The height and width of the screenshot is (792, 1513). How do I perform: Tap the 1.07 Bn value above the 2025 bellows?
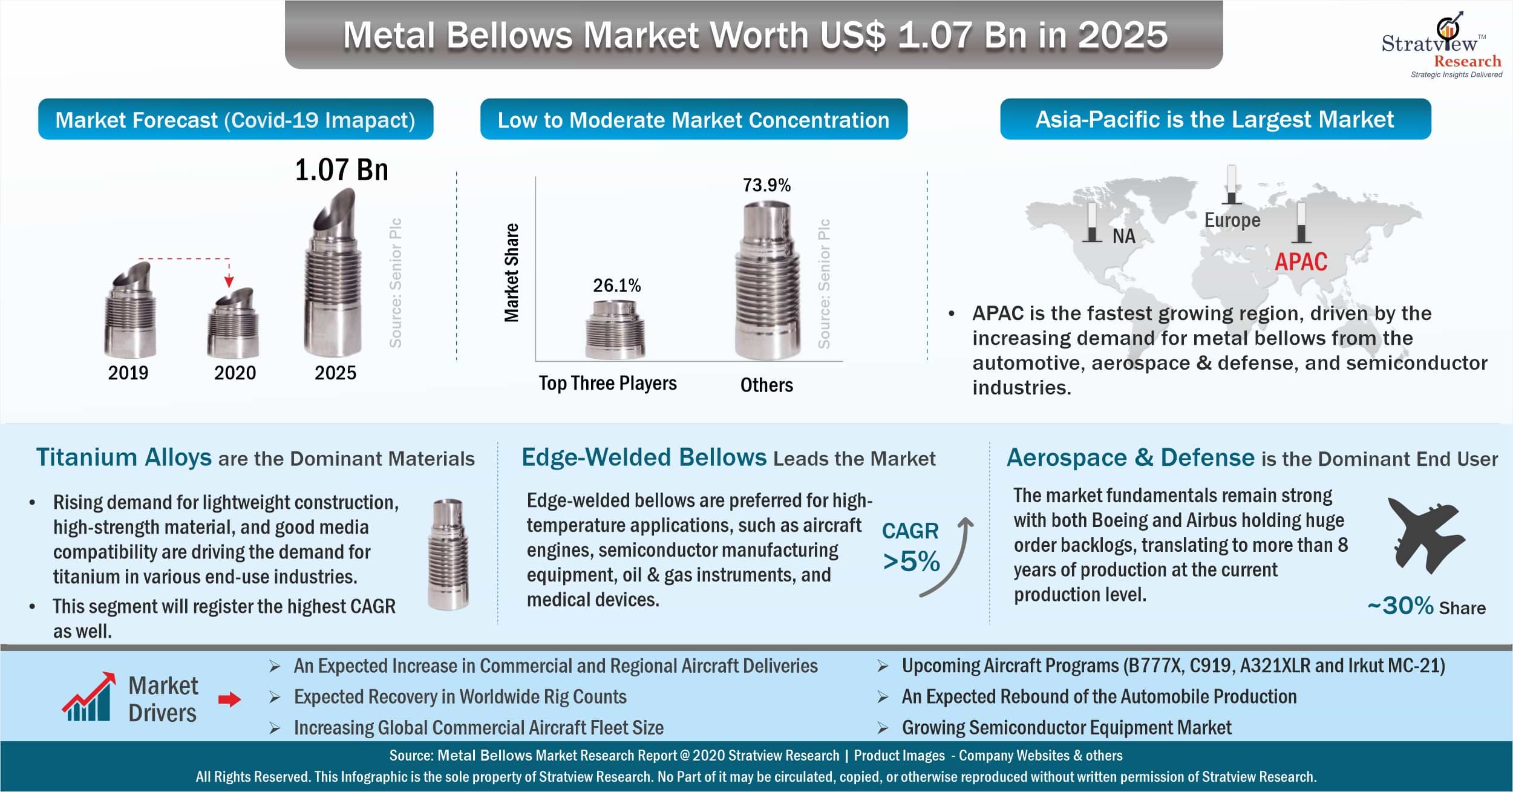click(341, 171)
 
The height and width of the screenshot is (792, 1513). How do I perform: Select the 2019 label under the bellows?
click(128, 373)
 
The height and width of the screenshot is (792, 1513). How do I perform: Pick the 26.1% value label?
click(616, 286)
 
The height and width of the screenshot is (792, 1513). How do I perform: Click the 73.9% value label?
click(766, 185)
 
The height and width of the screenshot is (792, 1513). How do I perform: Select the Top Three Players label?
click(607, 384)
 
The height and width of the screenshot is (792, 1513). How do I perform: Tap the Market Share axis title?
click(512, 272)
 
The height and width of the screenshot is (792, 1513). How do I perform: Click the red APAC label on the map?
click(1301, 262)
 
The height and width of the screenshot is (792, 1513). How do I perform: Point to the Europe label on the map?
click(1232, 220)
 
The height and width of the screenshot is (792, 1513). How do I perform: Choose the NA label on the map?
click(1123, 236)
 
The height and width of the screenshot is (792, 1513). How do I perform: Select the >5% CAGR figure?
click(911, 561)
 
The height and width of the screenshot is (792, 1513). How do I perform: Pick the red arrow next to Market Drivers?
click(229, 700)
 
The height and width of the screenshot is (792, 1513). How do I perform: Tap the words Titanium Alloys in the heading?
click(124, 457)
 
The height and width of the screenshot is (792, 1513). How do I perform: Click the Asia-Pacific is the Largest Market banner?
click(1215, 120)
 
